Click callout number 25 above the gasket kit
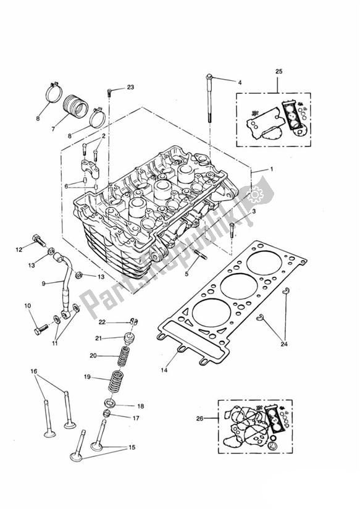pyautogui.click(x=278, y=72)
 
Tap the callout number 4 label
pyautogui.click(x=240, y=82)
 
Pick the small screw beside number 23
pyautogui.click(x=110, y=93)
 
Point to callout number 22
pyautogui.click(x=103, y=322)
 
